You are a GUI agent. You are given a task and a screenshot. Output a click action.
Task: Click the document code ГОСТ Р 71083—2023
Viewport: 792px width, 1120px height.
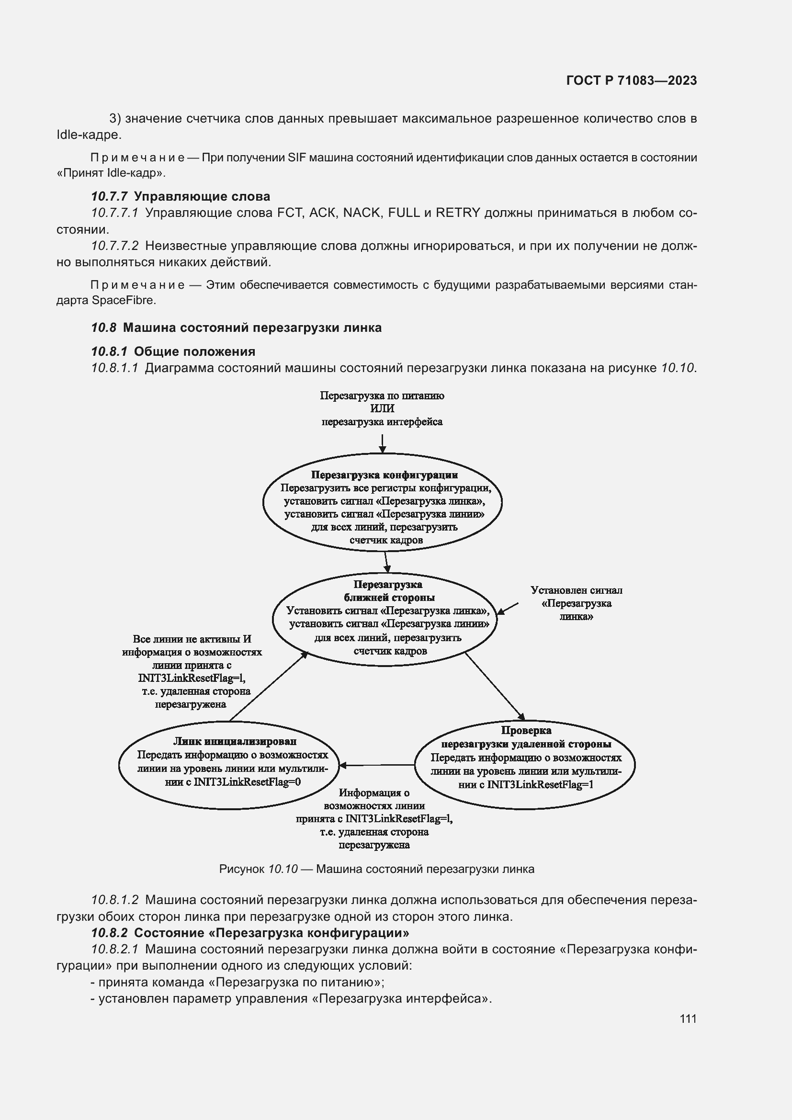pyautogui.click(x=632, y=80)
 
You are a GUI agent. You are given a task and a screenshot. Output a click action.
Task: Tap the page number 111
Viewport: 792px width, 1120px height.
pyautogui.click(x=688, y=1019)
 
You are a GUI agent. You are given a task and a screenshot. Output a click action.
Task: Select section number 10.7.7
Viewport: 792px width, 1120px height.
pyautogui.click(x=109, y=197)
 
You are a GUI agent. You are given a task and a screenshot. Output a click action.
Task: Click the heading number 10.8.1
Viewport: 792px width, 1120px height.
pyautogui.click(x=109, y=352)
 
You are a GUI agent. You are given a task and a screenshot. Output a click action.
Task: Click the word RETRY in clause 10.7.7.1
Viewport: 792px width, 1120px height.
pyautogui.click(x=458, y=213)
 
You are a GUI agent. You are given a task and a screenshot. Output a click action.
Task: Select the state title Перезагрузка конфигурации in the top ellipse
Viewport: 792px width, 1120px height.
pyautogui.click(x=385, y=475)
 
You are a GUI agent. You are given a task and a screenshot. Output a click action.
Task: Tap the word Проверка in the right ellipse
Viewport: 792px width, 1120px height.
pyautogui.click(x=526, y=730)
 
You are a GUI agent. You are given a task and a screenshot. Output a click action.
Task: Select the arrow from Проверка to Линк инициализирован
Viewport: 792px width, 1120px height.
pyautogui.click(x=376, y=765)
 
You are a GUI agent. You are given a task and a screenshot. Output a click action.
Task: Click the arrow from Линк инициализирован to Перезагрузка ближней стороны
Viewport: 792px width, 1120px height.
pyautogui.click(x=268, y=686)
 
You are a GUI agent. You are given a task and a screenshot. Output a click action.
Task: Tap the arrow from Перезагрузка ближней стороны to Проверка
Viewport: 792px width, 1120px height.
pyautogui.click(x=494, y=685)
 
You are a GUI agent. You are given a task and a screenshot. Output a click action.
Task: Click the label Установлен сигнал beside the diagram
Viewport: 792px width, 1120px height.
pyautogui.click(x=576, y=590)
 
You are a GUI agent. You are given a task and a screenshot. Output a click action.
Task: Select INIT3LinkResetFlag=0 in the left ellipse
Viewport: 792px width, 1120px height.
pyautogui.click(x=248, y=781)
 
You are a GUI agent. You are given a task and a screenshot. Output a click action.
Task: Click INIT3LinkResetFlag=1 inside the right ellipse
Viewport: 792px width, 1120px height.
pyautogui.click(x=540, y=784)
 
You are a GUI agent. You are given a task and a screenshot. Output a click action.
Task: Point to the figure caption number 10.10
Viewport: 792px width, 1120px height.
pyautogui.click(x=283, y=869)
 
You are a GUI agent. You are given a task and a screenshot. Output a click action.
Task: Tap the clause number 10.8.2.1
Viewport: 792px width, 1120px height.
pyautogui.click(x=115, y=949)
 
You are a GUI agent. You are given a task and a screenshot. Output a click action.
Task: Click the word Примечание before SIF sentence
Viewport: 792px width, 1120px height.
pyautogui.click(x=137, y=158)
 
